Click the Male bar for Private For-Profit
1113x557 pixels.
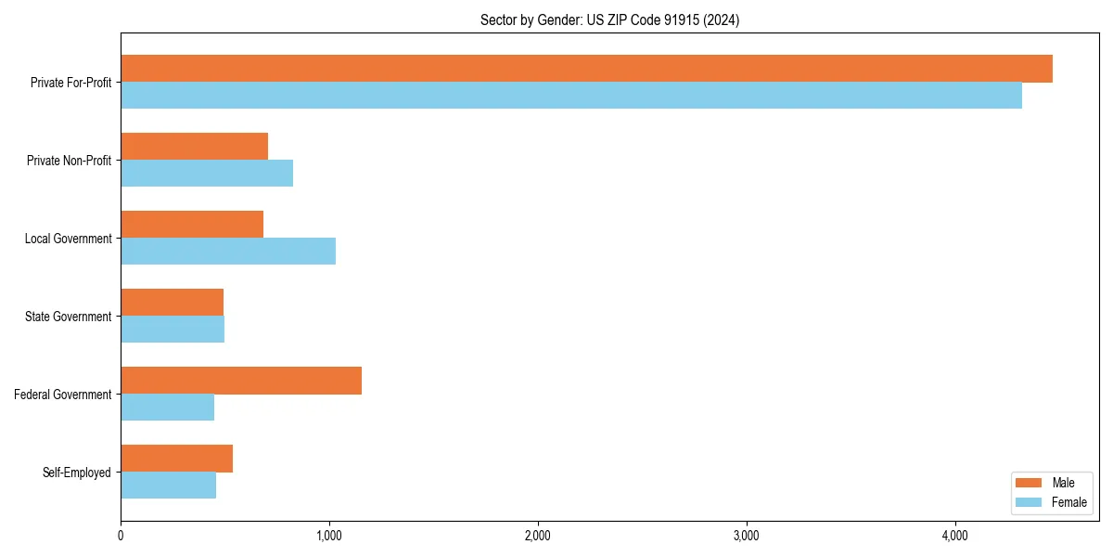pyautogui.click(x=586, y=69)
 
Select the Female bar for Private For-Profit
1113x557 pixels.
pyautogui.click(x=571, y=96)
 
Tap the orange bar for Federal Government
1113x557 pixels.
pyautogui.click(x=241, y=381)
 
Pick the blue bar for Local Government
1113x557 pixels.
pyautogui.click(x=228, y=252)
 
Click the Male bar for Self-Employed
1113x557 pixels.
pyautogui.click(x=176, y=459)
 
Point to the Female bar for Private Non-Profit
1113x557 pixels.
pyautogui.click(x=207, y=174)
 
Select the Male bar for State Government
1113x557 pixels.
pyautogui.click(x=172, y=303)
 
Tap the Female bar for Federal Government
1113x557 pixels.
pyautogui.click(x=167, y=408)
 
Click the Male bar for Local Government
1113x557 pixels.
pyautogui.click(x=192, y=225)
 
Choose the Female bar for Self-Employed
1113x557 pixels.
pyautogui.click(x=168, y=486)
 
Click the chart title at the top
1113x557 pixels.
pyautogui.click(x=609, y=19)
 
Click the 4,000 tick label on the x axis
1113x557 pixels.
pyautogui.click(x=955, y=536)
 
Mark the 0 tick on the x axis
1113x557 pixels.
pyautogui.click(x=121, y=536)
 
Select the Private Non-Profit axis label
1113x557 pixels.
pyautogui.click(x=69, y=161)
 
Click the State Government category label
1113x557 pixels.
pyautogui.click(x=68, y=317)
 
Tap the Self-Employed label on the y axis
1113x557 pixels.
pyautogui.click(x=76, y=473)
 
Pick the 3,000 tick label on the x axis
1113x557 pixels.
pyautogui.click(x=747, y=536)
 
